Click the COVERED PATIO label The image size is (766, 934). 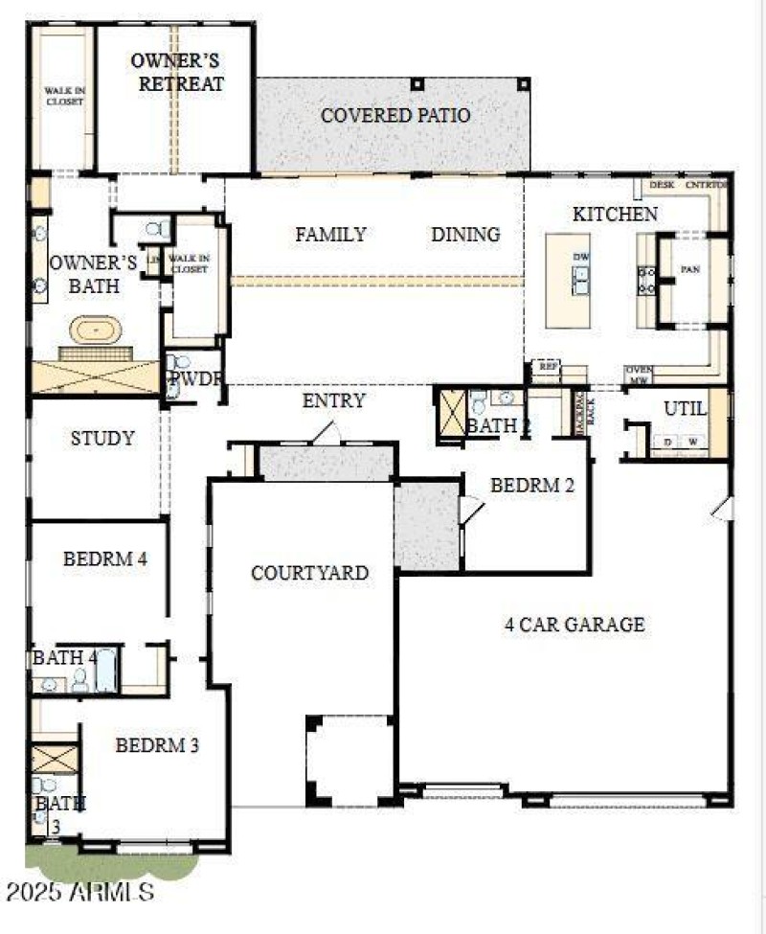(395, 116)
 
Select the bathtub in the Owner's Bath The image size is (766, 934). (95, 332)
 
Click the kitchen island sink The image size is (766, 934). (581, 280)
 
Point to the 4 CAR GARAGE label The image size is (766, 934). (574, 625)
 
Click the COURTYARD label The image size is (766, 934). (309, 573)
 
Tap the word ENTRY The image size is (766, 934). (333, 400)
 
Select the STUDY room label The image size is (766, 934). (102, 439)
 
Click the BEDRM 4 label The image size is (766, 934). (104, 559)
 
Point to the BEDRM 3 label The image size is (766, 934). (157, 744)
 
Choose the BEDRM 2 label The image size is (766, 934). (532, 486)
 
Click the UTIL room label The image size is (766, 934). (685, 409)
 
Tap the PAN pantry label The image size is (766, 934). (690, 270)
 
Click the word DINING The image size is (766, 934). (465, 235)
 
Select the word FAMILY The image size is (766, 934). (330, 235)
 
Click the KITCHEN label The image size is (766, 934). (615, 214)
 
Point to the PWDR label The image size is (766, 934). (196, 378)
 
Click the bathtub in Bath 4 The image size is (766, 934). (105, 670)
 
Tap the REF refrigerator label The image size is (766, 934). (548, 366)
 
